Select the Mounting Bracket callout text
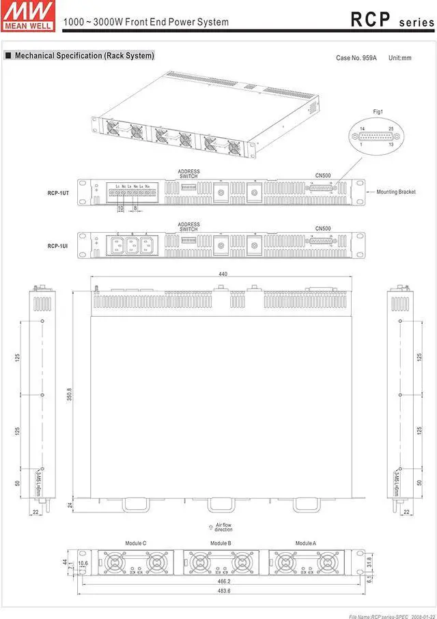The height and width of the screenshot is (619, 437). [x=396, y=192]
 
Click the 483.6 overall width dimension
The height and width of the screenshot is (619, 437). [x=223, y=590]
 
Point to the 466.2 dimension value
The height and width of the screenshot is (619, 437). [x=223, y=581]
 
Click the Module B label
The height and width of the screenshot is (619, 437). [x=220, y=543]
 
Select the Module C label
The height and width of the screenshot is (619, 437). [x=136, y=543]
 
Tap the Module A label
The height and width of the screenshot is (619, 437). [x=305, y=543]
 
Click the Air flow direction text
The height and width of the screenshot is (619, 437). [x=223, y=528]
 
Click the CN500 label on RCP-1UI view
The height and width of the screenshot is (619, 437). [x=323, y=228]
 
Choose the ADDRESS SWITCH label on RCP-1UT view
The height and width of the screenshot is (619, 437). [x=188, y=174]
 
